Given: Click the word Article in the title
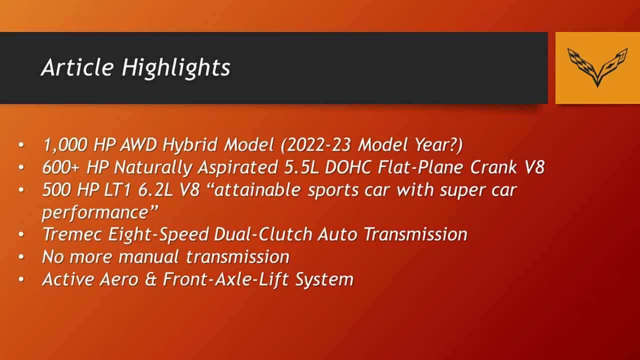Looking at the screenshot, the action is point(77,67).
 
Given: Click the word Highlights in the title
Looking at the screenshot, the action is point(176,68).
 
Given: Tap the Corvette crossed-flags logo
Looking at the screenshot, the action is point(597,67).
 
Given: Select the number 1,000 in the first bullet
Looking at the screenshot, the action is point(65,144).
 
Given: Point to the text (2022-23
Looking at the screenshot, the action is point(316,144).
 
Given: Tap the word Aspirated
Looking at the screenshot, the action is point(237,167).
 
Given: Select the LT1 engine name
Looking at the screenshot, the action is point(117,189).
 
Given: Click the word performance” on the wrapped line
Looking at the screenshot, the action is point(100,212).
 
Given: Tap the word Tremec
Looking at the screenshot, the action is point(72,234).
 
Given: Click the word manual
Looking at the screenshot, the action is point(148,257).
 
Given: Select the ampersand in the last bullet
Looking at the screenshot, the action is point(150,279).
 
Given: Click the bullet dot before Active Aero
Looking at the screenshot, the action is point(21,279).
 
